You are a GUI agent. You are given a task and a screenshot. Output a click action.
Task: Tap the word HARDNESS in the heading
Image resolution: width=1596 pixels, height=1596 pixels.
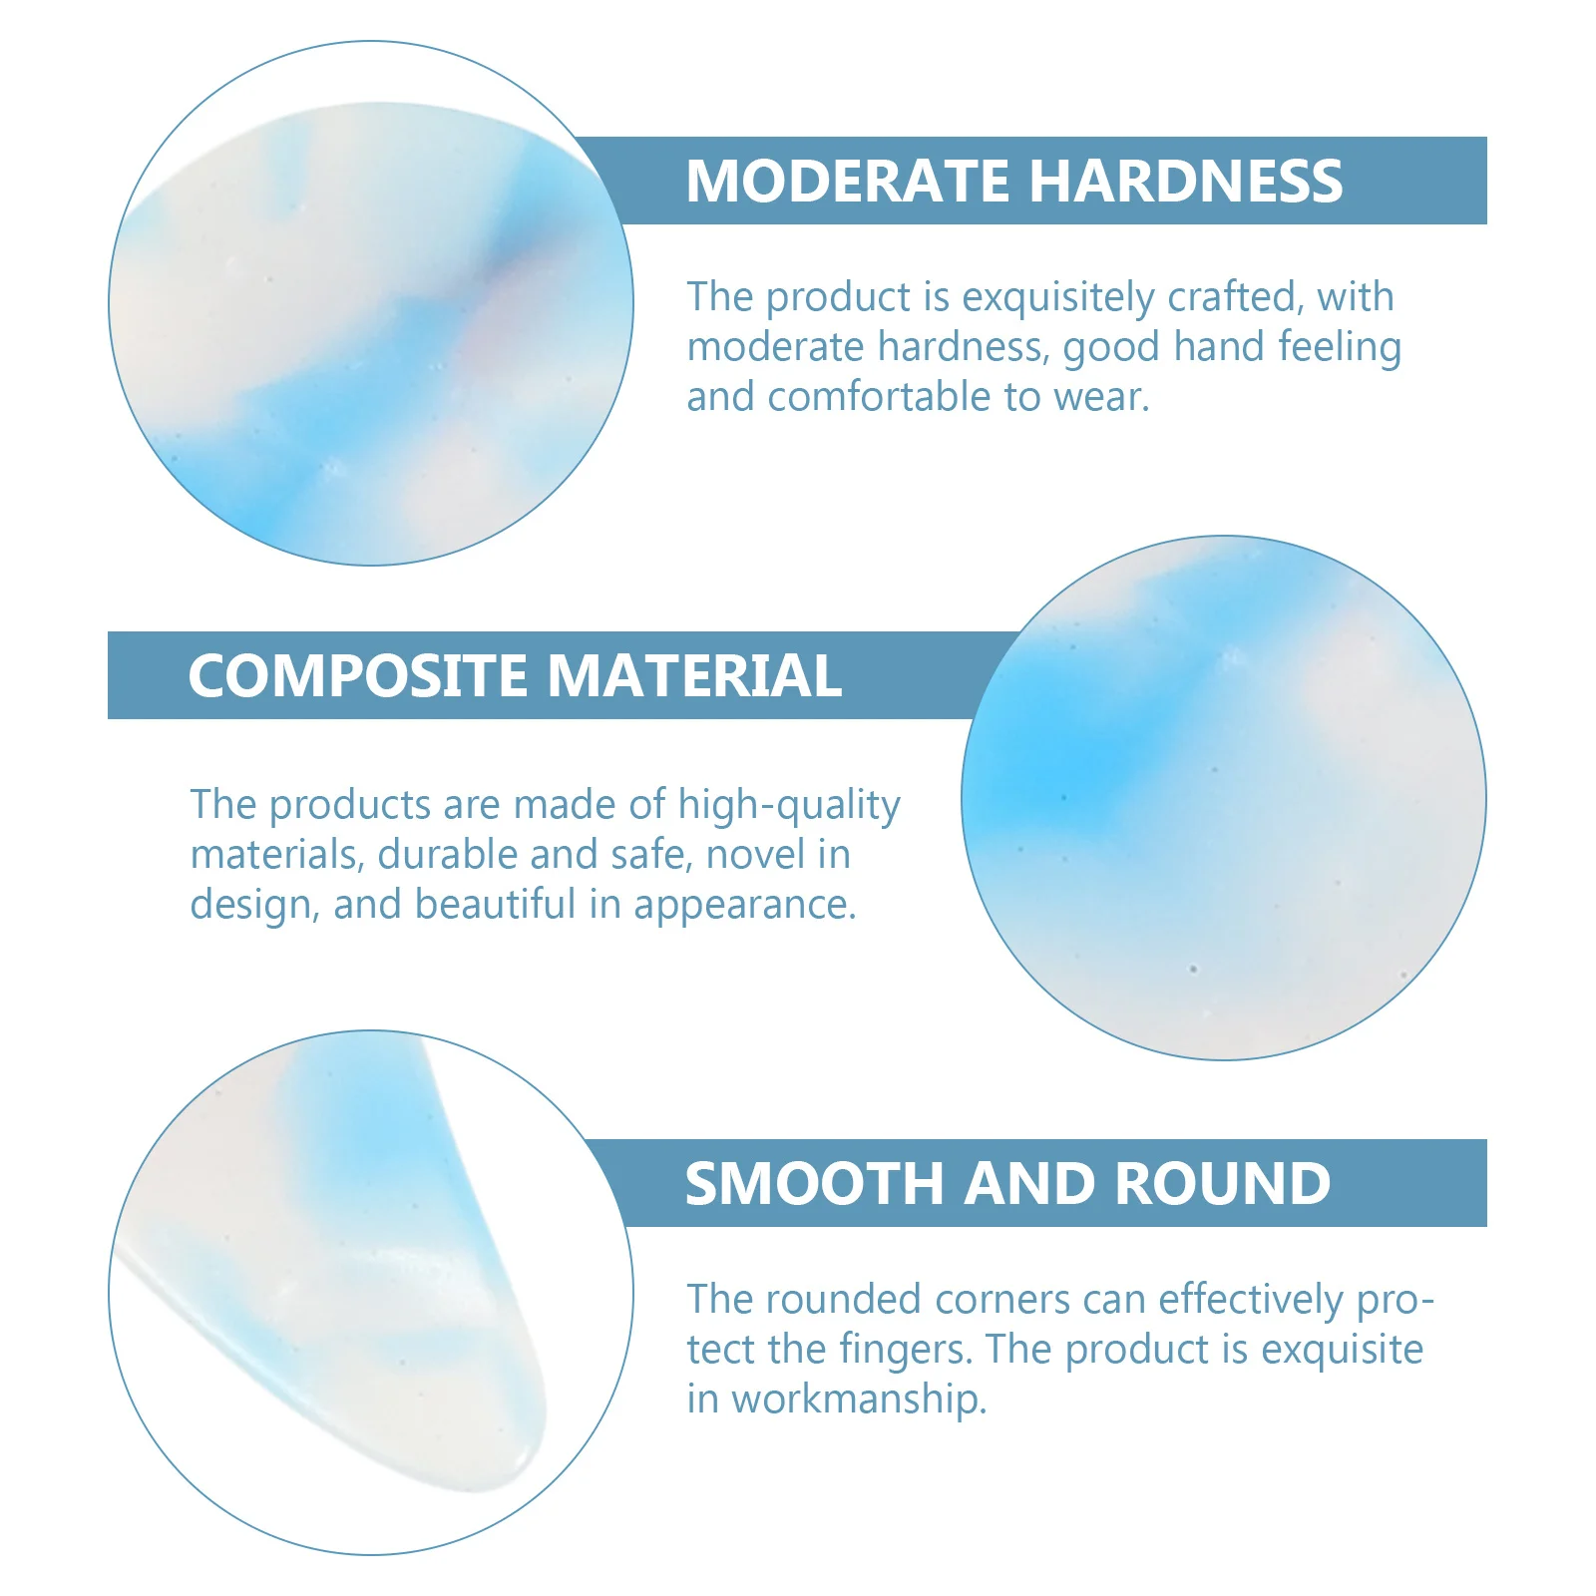[1186, 181]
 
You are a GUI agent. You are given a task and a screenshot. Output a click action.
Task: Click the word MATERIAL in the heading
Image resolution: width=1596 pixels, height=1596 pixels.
[695, 675]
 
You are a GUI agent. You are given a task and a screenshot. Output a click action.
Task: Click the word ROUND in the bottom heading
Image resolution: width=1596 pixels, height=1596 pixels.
[1222, 1184]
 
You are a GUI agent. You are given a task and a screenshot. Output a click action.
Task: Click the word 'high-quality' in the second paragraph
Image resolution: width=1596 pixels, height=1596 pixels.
[789, 806]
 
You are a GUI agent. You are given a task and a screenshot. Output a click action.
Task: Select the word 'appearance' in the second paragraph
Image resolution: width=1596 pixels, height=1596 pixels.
[744, 906]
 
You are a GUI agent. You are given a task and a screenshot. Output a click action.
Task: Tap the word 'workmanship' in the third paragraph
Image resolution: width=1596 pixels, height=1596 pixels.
[859, 1399]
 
